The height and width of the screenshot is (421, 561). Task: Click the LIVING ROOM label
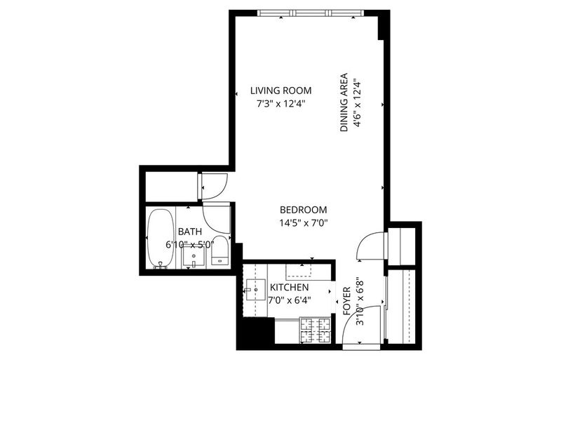[x=281, y=91]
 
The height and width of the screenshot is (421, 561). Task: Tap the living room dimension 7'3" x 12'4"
[x=281, y=104]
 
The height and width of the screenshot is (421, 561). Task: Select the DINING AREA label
[x=344, y=102]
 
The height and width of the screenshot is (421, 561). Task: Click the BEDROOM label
[x=304, y=209]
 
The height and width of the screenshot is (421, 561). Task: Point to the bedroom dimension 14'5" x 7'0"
[x=304, y=223]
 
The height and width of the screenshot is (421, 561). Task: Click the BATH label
[x=189, y=232]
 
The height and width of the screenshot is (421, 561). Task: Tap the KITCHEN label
[x=289, y=287]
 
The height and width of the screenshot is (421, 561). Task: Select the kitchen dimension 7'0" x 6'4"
[x=290, y=300]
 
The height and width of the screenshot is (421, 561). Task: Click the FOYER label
[x=346, y=301]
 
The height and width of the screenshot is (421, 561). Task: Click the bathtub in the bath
[x=161, y=238]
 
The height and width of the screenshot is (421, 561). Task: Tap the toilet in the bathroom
[x=219, y=250]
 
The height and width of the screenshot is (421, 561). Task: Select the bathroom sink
[x=194, y=257]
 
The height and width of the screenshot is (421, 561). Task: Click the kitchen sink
[x=255, y=290]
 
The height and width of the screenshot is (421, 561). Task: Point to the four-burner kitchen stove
[x=315, y=330]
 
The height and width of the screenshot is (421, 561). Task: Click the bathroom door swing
[x=217, y=218]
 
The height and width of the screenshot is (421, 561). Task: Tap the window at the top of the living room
[x=311, y=13]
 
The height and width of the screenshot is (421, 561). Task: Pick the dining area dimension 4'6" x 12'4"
[x=356, y=102]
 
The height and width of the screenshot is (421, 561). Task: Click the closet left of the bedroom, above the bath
[x=171, y=187]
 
